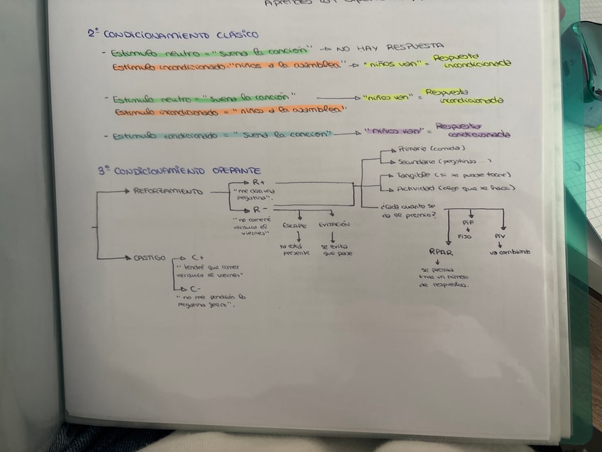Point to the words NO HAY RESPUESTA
(390, 47)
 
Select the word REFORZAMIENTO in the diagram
(168, 191)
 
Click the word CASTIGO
(149, 257)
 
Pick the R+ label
(259, 183)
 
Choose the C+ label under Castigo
(198, 257)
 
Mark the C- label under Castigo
(196, 289)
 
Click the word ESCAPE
(295, 225)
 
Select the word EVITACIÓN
(334, 224)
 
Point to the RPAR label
(441, 252)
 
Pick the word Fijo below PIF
(465, 235)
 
